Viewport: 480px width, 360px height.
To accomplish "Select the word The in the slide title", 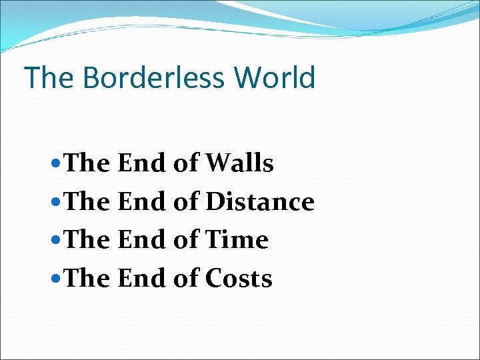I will (x=49, y=77).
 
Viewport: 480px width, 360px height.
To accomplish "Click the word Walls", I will (x=240, y=163).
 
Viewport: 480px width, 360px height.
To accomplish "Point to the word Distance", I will (x=260, y=201).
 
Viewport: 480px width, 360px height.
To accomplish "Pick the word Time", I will (x=237, y=240).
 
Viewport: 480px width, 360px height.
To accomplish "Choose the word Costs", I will (x=239, y=279).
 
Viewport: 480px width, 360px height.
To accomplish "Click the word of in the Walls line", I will (x=186, y=163).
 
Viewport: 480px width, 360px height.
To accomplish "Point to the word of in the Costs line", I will (x=186, y=279).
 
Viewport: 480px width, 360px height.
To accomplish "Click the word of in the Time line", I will (x=186, y=240).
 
